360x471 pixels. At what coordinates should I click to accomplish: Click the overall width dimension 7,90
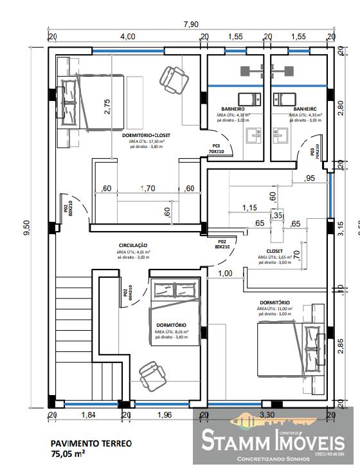[190, 24]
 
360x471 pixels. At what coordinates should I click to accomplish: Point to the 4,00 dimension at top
[126, 37]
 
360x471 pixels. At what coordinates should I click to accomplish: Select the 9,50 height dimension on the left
[26, 228]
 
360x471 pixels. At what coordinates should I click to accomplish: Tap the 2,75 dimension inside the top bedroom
[107, 106]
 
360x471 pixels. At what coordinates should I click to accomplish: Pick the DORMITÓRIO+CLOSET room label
[146, 136]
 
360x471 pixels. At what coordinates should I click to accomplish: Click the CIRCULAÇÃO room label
[133, 245]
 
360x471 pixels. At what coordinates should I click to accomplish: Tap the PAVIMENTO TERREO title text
[91, 443]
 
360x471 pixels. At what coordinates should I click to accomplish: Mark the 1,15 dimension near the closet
[249, 208]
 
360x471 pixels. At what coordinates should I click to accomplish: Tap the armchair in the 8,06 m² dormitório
[150, 371]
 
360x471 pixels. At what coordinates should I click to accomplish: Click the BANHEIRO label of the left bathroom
[234, 109]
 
